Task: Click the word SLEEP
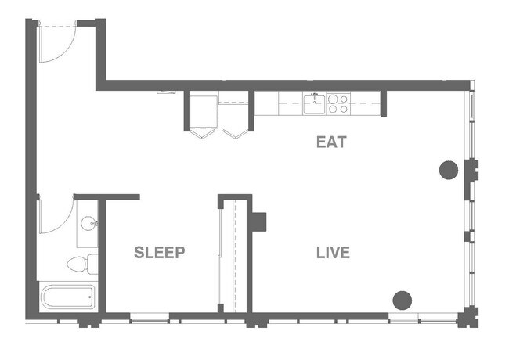[x=159, y=253]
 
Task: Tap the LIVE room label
[x=333, y=253]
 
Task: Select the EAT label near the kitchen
[x=331, y=142]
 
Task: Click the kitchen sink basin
[x=316, y=103]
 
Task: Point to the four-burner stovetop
[x=338, y=103]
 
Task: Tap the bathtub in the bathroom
[x=67, y=297]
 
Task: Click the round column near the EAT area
[x=449, y=169]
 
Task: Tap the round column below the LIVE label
[x=402, y=299]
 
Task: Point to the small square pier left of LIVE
[x=258, y=221]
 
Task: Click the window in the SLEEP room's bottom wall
[x=149, y=316]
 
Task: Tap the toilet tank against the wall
[x=92, y=264]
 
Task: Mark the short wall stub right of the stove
[x=384, y=104]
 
